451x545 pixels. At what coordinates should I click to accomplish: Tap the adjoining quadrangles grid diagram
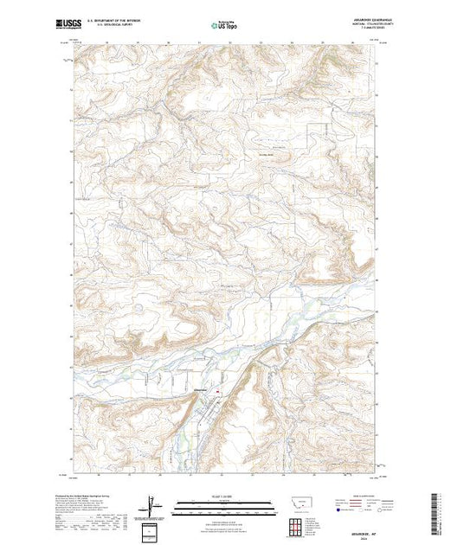click(x=297, y=526)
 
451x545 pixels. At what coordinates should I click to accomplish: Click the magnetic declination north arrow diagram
click(x=153, y=505)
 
